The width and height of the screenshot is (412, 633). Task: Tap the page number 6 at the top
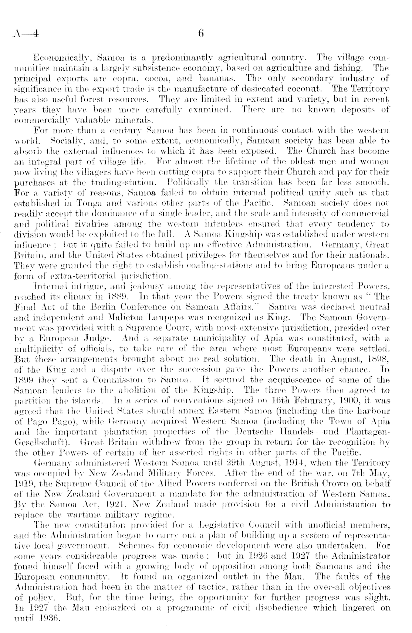(201, 34)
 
